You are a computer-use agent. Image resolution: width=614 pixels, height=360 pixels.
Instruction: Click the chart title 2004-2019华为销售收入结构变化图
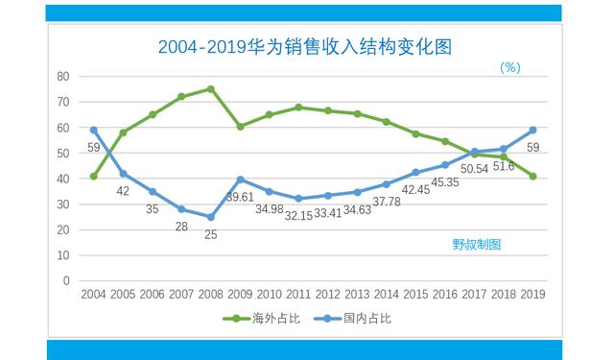305,45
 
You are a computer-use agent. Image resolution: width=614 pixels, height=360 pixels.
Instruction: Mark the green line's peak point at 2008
210,88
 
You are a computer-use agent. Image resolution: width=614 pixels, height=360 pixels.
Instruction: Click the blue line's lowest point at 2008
210,217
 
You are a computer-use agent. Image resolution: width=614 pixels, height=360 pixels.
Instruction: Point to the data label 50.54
475,169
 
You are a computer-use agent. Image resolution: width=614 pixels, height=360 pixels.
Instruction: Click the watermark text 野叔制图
477,244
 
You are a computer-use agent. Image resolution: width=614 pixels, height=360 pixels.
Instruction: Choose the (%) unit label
509,67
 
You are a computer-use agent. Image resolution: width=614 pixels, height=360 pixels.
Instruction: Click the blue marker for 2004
94,130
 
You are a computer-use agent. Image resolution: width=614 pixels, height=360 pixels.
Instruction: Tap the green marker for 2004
94,176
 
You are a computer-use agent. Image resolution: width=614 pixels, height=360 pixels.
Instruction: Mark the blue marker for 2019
532,130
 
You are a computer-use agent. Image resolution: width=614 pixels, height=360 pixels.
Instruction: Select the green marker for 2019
532,176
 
